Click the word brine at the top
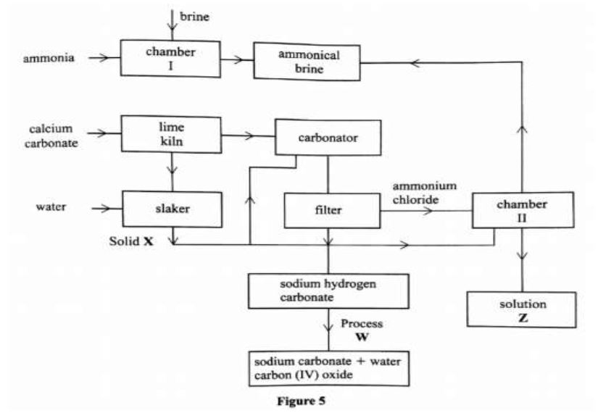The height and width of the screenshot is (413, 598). [x=194, y=14]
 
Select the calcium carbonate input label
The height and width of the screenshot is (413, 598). [x=51, y=135]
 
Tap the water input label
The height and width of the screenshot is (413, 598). [x=51, y=207]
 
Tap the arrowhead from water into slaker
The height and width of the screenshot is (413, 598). [x=109, y=208]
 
